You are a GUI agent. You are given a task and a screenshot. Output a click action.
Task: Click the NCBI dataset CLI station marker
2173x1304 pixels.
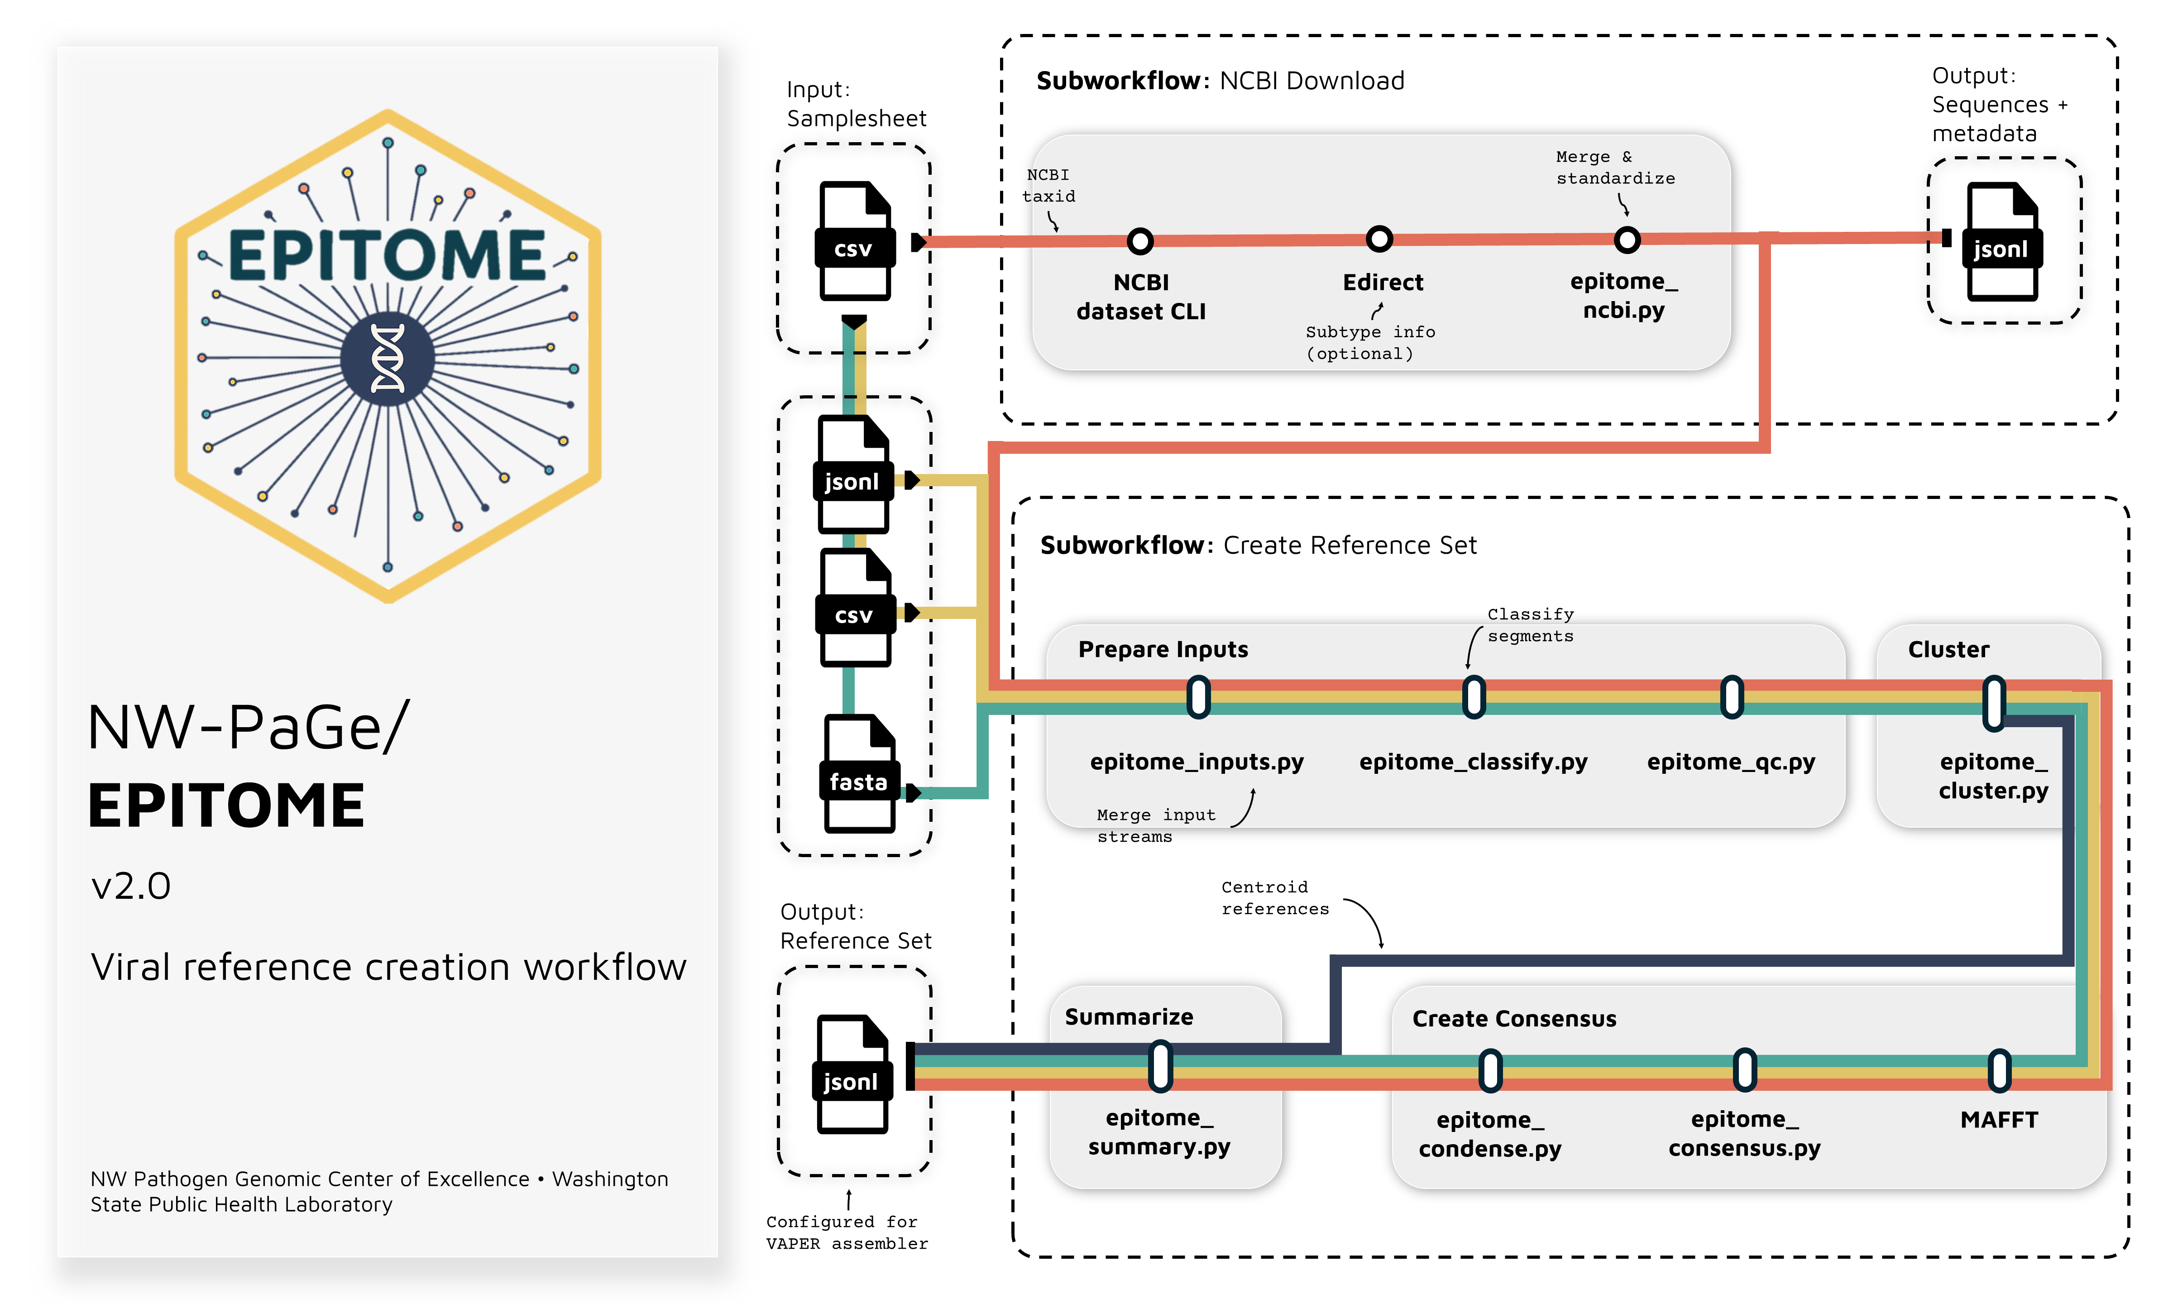(1140, 241)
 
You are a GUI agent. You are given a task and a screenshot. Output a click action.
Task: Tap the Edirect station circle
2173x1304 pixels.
(1379, 239)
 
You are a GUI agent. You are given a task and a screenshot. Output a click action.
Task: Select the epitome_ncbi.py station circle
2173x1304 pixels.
(1627, 239)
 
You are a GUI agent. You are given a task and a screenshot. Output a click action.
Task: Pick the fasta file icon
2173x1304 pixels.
(859, 773)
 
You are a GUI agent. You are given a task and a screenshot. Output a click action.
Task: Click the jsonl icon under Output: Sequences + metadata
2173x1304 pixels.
(2002, 242)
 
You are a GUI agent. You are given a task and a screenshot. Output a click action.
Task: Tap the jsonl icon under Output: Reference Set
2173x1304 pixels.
(852, 1074)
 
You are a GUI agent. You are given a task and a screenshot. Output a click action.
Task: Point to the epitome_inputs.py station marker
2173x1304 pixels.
(1198, 697)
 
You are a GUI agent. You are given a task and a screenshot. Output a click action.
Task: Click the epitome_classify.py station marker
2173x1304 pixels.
(1474, 697)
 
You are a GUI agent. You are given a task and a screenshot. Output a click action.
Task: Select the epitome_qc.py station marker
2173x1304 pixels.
(1731, 697)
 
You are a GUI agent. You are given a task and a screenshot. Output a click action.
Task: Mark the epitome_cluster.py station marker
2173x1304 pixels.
(1994, 703)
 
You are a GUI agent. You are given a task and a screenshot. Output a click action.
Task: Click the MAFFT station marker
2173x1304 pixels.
(1999, 1070)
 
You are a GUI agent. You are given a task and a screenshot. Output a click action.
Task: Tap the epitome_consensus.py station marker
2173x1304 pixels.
(1744, 1070)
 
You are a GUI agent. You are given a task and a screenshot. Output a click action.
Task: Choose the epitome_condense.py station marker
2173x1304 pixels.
(1490, 1070)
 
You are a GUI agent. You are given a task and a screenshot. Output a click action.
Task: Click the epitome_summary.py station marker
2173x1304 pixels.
(1160, 1066)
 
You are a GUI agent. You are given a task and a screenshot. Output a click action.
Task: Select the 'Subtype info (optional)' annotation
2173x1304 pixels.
(1369, 343)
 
